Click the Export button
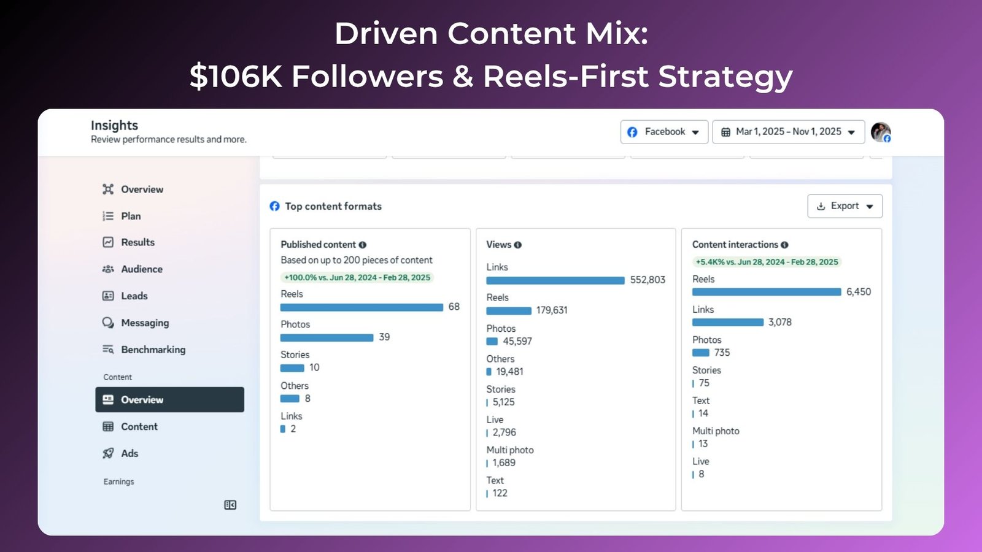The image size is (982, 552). pyautogui.click(x=845, y=206)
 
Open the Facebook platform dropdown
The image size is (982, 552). pyautogui.click(x=664, y=132)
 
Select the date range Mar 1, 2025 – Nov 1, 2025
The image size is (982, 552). pyautogui.click(x=788, y=132)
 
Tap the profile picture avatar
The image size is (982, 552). pyautogui.click(x=880, y=132)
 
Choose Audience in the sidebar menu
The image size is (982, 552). pyautogui.click(x=141, y=269)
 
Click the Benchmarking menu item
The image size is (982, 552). pyautogui.click(x=153, y=350)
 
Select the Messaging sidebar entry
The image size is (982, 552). pyautogui.click(x=144, y=323)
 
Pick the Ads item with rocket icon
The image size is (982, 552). pyautogui.click(x=129, y=453)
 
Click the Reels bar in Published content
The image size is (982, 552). pyautogui.click(x=361, y=307)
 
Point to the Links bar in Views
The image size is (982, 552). pyautogui.click(x=555, y=280)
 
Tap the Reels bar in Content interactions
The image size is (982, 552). pyautogui.click(x=766, y=292)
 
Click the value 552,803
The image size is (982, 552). pyautogui.click(x=648, y=280)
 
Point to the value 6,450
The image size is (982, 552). pyautogui.click(x=858, y=292)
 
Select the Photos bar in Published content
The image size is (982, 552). pyautogui.click(x=327, y=337)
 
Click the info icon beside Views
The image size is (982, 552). pyautogui.click(x=518, y=245)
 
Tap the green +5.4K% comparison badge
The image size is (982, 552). pyautogui.click(x=767, y=262)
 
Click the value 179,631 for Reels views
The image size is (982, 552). pyautogui.click(x=552, y=310)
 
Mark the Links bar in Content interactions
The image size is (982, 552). pyautogui.click(x=728, y=322)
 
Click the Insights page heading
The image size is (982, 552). pyautogui.click(x=114, y=125)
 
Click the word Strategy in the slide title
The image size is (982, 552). pyautogui.click(x=725, y=77)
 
